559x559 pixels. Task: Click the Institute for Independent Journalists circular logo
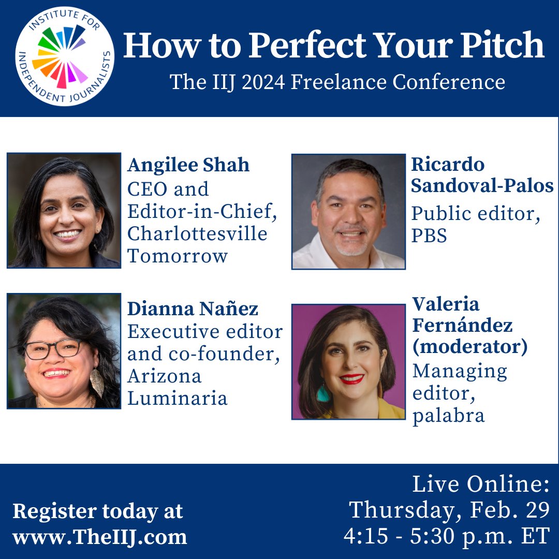[x=65, y=57]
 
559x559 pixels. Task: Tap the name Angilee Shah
[x=188, y=165]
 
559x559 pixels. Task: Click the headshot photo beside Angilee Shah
[x=64, y=210]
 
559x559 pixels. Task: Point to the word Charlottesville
[x=197, y=233]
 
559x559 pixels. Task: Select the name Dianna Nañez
[x=193, y=309]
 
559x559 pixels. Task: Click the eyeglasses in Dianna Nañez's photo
[x=53, y=349]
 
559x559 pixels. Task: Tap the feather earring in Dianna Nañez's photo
[x=97, y=382]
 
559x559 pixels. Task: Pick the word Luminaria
[x=177, y=398]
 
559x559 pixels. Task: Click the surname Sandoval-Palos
[x=482, y=186]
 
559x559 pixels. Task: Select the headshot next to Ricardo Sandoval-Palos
[x=348, y=212]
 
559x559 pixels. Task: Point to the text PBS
[x=429, y=236]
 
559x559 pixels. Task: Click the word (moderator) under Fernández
[x=469, y=347]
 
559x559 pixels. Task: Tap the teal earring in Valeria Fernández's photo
[x=323, y=393]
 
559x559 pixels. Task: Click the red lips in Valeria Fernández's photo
[x=351, y=379]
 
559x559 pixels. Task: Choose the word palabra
[x=448, y=416]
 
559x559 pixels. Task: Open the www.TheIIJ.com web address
[x=99, y=537]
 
